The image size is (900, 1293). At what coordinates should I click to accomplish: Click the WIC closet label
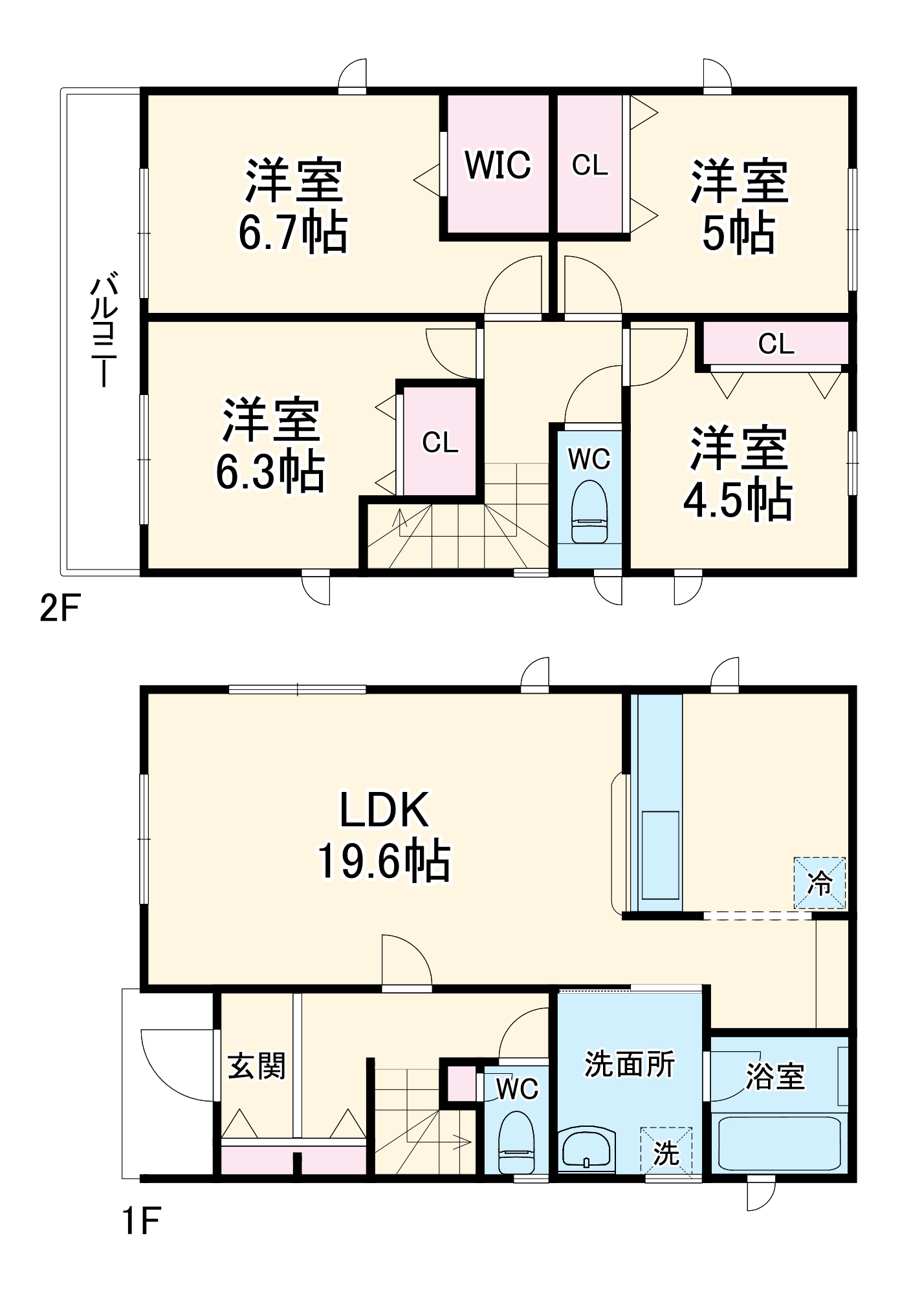[x=498, y=166]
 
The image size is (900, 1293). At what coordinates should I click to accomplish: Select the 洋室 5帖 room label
[x=739, y=206]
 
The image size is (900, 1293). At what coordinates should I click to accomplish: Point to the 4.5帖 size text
[x=738, y=500]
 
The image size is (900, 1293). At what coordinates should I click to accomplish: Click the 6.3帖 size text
[x=270, y=472]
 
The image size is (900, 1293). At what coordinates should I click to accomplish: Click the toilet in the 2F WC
[x=589, y=511]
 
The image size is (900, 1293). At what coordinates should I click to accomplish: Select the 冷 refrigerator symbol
[x=820, y=882]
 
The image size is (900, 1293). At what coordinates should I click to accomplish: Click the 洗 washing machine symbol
[x=666, y=1153]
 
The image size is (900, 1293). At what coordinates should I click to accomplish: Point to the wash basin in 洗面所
[x=587, y=1149]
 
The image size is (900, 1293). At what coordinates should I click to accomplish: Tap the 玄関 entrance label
[x=257, y=1065]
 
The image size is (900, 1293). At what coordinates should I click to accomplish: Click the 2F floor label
[x=60, y=608]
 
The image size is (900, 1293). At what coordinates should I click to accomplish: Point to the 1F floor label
[x=142, y=1221]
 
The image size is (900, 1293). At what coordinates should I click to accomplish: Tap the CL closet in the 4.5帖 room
[x=776, y=344]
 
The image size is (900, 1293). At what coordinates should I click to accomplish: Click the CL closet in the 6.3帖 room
[x=440, y=443]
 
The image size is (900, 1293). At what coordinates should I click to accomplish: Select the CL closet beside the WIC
[x=589, y=166]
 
